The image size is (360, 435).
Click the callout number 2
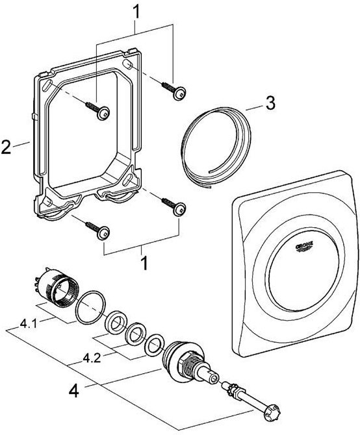click(x=6, y=147)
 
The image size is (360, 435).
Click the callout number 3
click(x=270, y=103)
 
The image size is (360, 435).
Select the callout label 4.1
click(x=28, y=324)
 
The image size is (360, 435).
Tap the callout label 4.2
click(x=92, y=358)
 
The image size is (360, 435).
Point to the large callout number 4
click(x=74, y=391)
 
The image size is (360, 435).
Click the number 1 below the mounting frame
click(x=144, y=263)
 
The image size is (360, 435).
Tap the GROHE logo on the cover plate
click(x=305, y=247)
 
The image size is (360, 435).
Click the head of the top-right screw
click(x=179, y=93)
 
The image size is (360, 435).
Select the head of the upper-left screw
click(x=103, y=113)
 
